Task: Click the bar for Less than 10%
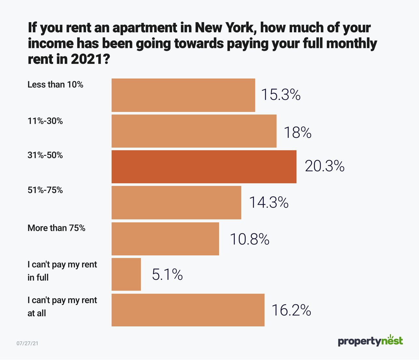tap(183, 95)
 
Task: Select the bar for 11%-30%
tap(194, 131)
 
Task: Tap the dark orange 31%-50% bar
tap(204, 167)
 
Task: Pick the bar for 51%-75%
tap(176, 202)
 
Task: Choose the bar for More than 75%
tap(165, 239)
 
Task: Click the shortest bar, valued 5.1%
tap(126, 274)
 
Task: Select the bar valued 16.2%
tap(188, 310)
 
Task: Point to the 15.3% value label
tap(280, 95)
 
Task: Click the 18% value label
tap(297, 133)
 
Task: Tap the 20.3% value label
tap(324, 166)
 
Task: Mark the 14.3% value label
tap(269, 202)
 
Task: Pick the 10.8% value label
tap(249, 239)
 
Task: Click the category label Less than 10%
tap(55, 85)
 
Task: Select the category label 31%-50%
tap(45, 155)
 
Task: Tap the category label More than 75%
tap(56, 228)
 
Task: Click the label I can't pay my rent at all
tap(62, 307)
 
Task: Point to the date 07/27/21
tap(27, 343)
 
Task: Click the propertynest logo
tap(370, 341)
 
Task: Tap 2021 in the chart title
tap(87, 59)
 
